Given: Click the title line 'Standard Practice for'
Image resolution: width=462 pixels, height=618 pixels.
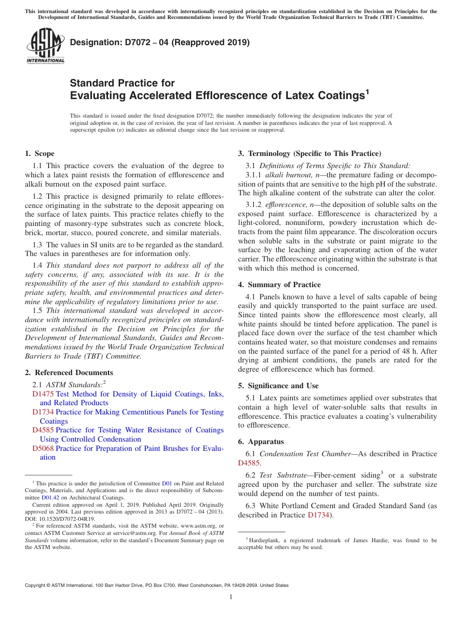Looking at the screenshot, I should (x=122, y=83).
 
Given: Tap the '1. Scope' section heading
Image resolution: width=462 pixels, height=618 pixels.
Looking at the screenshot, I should (x=39, y=154).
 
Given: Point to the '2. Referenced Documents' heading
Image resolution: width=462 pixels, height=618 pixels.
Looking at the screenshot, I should (x=69, y=373).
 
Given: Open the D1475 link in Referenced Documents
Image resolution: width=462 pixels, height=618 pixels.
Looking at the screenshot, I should (x=43, y=394).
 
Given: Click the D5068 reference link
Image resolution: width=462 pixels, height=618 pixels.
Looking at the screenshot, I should (x=43, y=448).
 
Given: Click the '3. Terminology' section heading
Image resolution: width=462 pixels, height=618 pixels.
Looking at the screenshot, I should (x=309, y=154).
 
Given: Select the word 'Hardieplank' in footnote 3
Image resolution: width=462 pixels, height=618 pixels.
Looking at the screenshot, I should (x=265, y=540).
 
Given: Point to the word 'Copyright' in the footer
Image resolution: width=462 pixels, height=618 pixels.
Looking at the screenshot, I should (x=37, y=585).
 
